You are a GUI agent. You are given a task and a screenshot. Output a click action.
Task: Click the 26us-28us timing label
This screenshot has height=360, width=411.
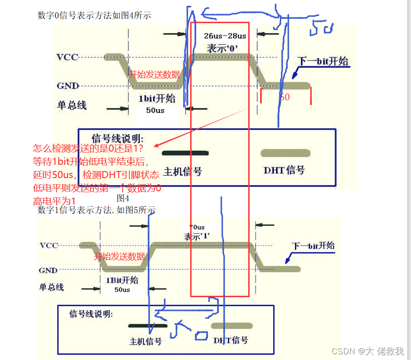(225, 36)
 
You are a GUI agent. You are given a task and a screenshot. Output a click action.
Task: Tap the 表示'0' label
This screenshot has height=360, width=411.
(222, 48)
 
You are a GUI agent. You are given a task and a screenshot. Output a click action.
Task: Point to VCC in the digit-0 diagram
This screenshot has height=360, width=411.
(67, 57)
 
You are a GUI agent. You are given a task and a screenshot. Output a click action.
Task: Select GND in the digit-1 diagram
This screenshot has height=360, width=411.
(48, 270)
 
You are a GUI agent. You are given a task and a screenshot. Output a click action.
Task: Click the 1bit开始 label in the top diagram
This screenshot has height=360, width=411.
(157, 98)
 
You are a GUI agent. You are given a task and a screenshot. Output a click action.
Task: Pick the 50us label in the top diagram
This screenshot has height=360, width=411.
(155, 110)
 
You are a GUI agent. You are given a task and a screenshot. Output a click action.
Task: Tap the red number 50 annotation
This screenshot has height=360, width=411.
(285, 97)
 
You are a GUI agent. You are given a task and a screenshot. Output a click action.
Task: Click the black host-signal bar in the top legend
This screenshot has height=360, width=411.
(185, 153)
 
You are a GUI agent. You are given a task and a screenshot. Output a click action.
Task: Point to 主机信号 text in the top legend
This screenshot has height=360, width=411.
(183, 171)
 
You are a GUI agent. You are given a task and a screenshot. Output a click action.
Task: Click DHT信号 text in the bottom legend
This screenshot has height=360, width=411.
(231, 340)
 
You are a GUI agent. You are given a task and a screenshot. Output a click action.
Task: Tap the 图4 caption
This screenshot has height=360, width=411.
(123, 198)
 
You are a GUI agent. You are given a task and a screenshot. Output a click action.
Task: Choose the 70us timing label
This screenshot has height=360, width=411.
(197, 227)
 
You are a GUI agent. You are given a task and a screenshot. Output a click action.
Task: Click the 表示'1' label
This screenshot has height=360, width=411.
(197, 236)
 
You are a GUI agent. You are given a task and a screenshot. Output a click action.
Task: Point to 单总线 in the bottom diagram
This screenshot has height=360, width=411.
(51, 287)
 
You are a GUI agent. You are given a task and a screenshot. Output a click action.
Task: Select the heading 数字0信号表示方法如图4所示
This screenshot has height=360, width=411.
(94, 16)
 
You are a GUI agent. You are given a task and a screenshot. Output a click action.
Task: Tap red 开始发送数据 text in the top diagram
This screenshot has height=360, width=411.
(154, 74)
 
